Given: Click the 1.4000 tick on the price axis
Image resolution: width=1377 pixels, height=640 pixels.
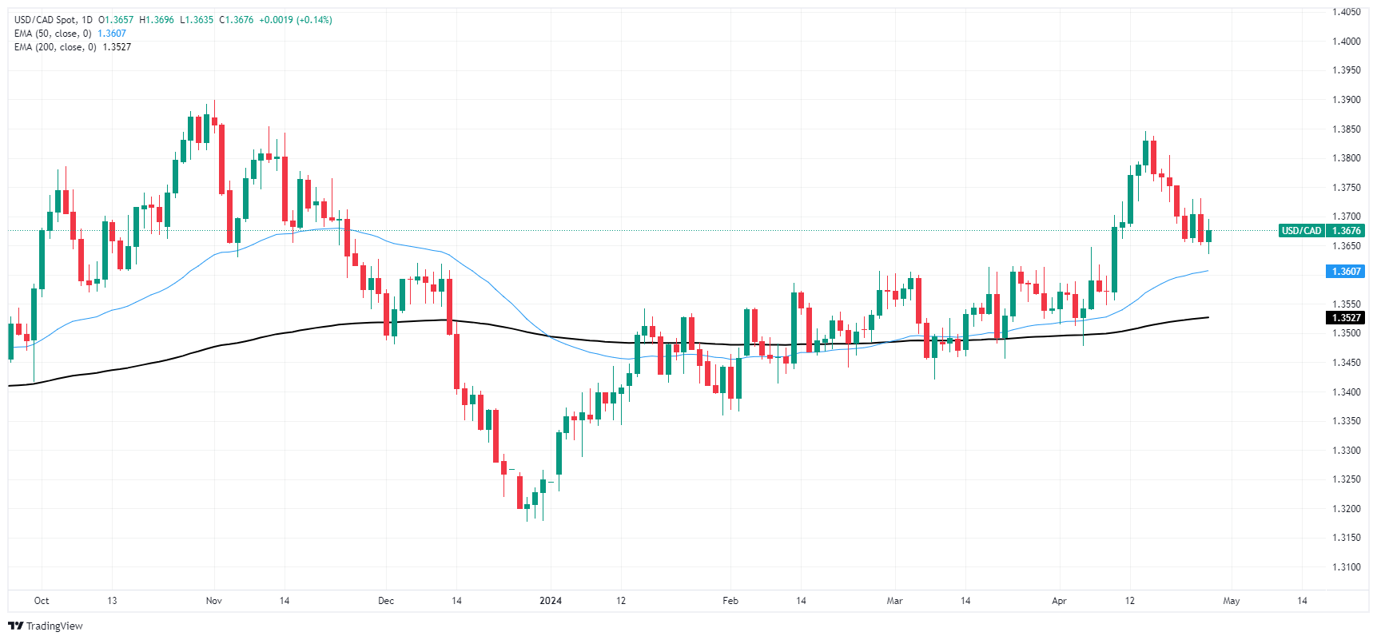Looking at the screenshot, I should [x=1346, y=41].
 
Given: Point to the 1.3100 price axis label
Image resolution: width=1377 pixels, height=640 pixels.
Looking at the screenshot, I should [x=1346, y=567].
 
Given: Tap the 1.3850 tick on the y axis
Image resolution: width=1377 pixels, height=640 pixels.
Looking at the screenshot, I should [x=1346, y=129].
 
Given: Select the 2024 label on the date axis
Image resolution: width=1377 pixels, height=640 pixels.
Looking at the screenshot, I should [x=551, y=601].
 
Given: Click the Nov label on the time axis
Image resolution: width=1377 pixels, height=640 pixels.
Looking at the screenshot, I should [x=213, y=601].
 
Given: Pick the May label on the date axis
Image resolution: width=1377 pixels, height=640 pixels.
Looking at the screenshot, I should [x=1231, y=601].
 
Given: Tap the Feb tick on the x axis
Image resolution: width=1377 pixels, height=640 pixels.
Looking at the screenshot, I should [x=730, y=601].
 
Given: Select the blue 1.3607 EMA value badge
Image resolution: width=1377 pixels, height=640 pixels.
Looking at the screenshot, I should [x=1345, y=272].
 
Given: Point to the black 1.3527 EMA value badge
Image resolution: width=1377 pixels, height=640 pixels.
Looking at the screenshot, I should [x=1345, y=318].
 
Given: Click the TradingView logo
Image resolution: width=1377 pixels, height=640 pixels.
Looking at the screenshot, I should [x=46, y=626].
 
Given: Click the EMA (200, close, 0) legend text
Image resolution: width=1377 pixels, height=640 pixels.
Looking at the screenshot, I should [x=54, y=47].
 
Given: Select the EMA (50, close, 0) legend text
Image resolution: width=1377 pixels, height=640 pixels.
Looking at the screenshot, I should [x=52, y=34].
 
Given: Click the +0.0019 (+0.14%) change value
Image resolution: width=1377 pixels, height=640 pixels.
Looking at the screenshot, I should [x=296, y=20].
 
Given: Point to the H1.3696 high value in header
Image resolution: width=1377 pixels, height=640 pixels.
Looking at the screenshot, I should [x=156, y=20].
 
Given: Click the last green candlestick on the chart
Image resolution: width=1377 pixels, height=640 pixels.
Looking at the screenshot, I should [x=1208, y=236].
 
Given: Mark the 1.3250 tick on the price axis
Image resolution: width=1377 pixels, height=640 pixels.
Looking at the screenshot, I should [x=1346, y=479].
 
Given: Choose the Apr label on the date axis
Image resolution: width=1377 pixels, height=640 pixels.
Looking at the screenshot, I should [x=1059, y=601].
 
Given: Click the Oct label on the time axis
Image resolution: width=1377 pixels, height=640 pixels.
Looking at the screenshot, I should [x=42, y=601].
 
